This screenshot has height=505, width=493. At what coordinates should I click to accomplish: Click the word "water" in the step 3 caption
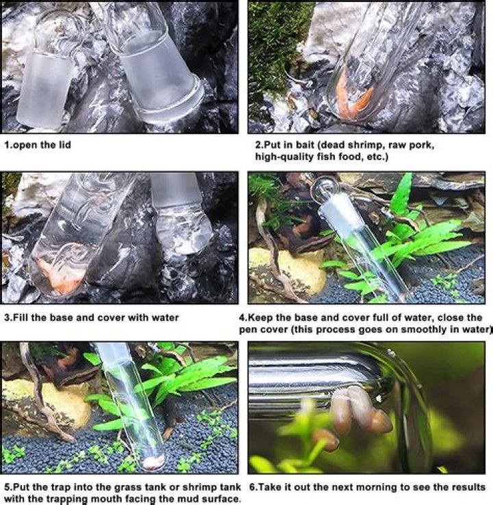(166, 318)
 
